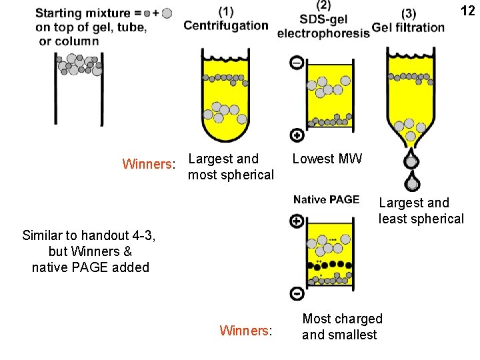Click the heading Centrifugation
(x=225, y=26)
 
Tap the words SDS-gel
(x=324, y=19)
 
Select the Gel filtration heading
(x=408, y=27)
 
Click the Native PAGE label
(x=326, y=199)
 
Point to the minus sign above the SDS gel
(x=297, y=63)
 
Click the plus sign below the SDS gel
(x=297, y=135)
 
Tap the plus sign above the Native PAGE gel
(x=297, y=221)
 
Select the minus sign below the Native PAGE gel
(x=297, y=293)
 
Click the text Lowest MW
(x=327, y=159)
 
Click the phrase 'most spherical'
(x=231, y=175)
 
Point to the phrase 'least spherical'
(x=421, y=219)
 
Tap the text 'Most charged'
(x=342, y=319)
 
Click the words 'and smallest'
(x=339, y=335)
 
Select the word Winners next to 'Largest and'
(x=149, y=164)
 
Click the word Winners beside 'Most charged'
(x=245, y=330)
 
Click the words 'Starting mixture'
(x=83, y=13)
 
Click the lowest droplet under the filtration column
(x=413, y=183)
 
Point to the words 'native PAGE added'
(x=91, y=267)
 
